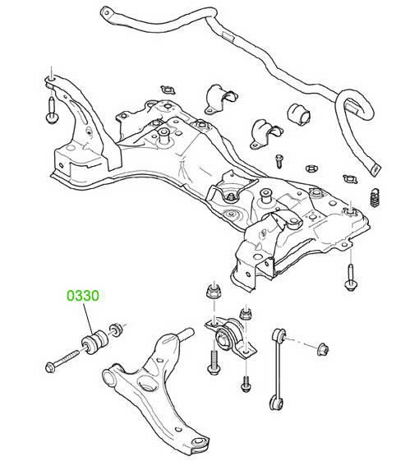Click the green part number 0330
83,296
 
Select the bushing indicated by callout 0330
94,342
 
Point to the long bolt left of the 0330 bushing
62,361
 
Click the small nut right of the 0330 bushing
116,330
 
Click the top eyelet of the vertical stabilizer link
279,334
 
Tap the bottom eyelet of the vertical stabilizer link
275,402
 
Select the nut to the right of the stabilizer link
323,349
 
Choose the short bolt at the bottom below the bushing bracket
246,384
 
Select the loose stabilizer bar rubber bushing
299,114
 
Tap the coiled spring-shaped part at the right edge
374,196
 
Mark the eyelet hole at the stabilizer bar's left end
106,12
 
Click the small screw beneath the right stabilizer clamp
279,161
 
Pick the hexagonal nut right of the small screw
311,168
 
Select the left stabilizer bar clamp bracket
220,99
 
